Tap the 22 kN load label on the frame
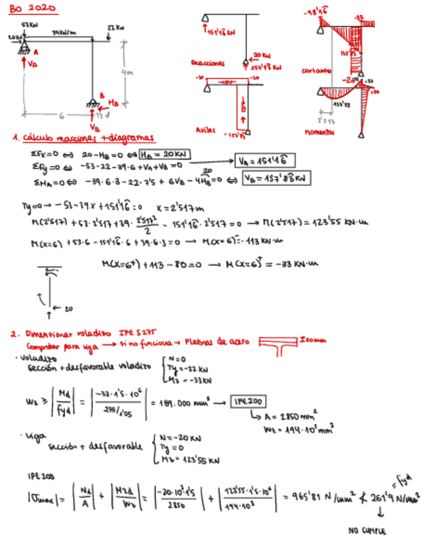(115, 28)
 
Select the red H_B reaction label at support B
(113, 102)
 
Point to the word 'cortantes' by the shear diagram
(316, 70)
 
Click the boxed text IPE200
(247, 400)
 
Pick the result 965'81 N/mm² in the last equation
(311, 498)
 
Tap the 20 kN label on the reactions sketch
(261, 55)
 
